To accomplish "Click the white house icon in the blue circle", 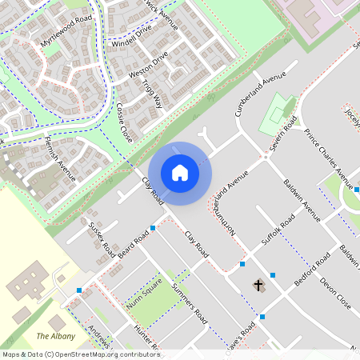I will pos(180,172).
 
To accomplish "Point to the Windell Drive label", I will pos(132,33).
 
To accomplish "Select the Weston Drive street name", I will pos(149,65).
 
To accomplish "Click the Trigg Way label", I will pos(152,93).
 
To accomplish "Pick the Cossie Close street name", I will pos(124,122).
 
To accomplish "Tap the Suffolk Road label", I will pos(278,230).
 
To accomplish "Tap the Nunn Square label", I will pos(143,291).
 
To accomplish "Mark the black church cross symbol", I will pos(258,285).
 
